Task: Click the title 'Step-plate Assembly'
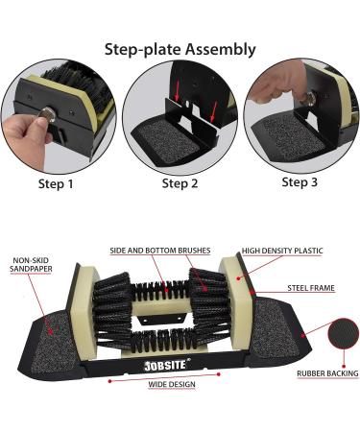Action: click(180, 49)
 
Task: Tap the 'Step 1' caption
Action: click(56, 182)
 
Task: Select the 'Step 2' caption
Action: click(180, 183)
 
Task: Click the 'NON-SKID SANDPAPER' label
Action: click(32, 264)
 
